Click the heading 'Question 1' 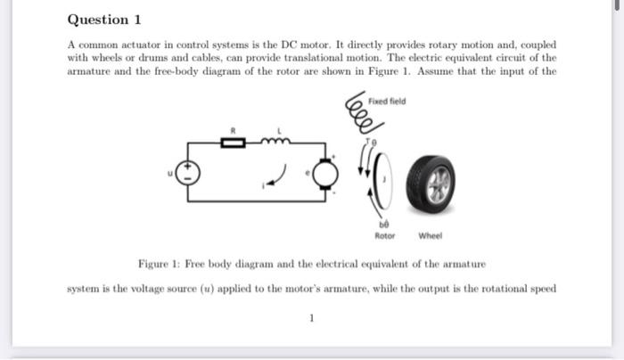click(104, 20)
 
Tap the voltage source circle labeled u click(188, 175)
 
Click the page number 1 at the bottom click(311, 316)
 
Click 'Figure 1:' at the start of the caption click(160, 265)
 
